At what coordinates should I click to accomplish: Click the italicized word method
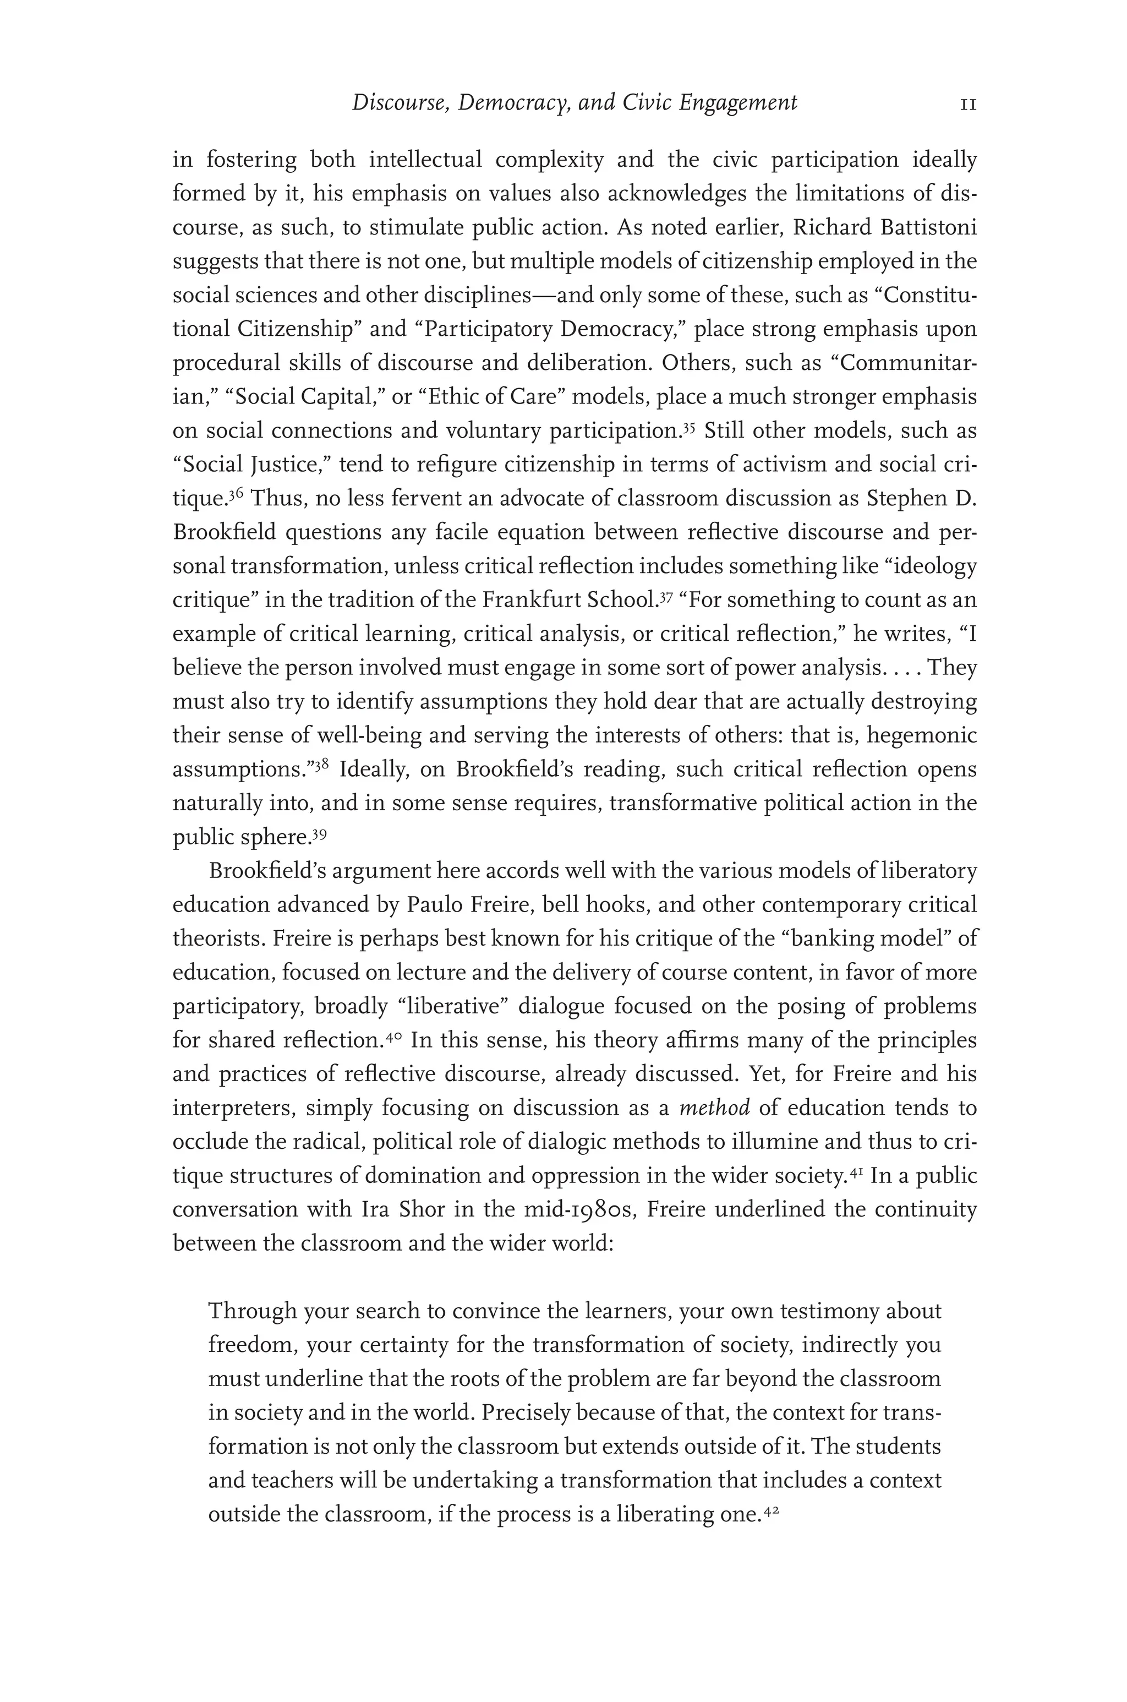click(x=714, y=1108)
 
